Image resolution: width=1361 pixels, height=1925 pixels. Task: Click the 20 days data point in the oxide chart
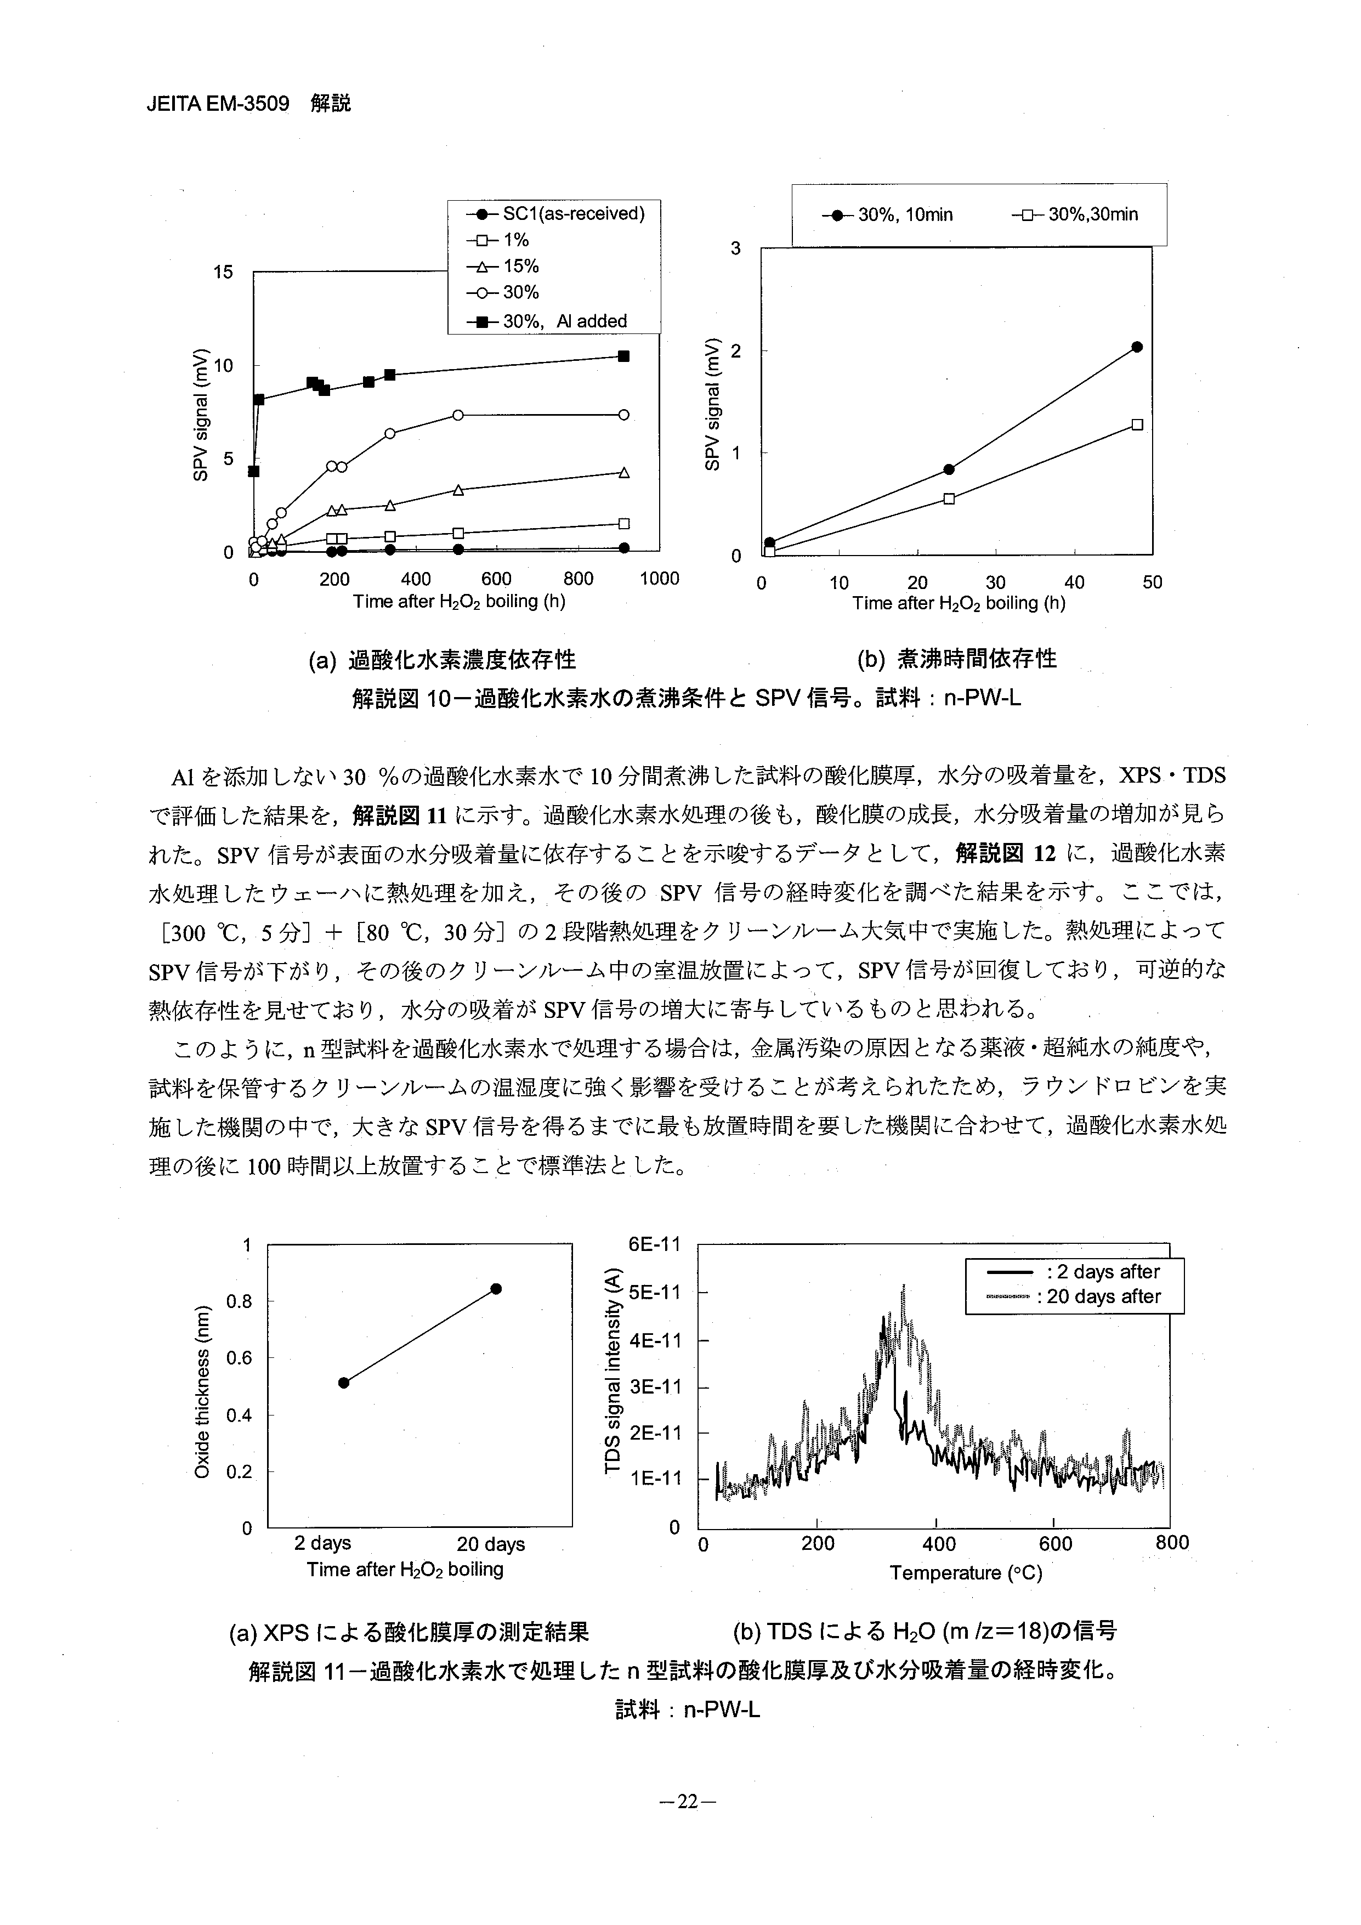pyautogui.click(x=496, y=1289)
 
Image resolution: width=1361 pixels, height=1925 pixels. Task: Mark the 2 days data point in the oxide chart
pyautogui.click(x=344, y=1383)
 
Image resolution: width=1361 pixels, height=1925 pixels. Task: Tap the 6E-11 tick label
pyautogui.click(x=655, y=1244)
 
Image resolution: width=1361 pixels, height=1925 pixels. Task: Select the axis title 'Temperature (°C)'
pyautogui.click(x=966, y=1573)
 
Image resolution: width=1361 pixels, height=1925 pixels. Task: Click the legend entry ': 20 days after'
pyautogui.click(x=1098, y=1296)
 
